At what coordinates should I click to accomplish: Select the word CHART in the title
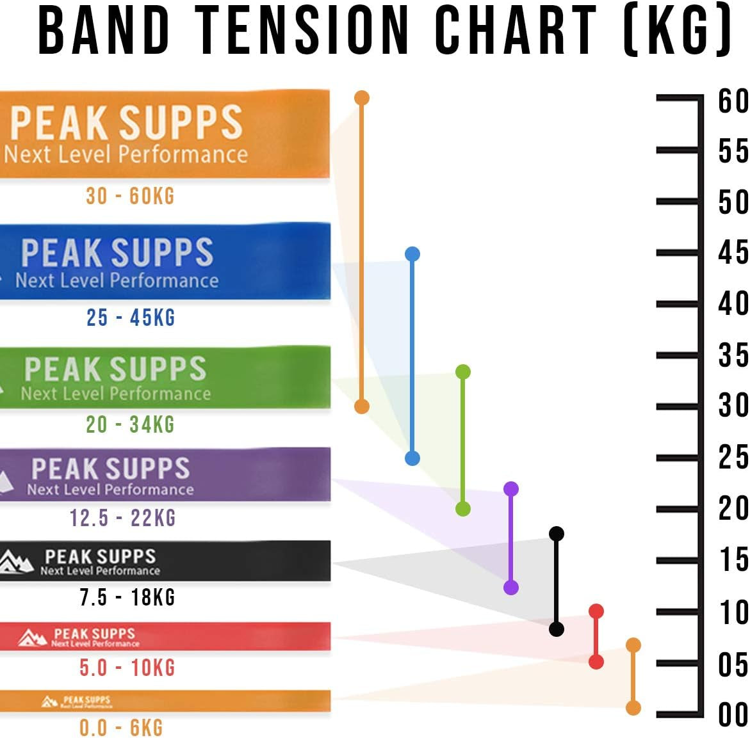click(x=516, y=30)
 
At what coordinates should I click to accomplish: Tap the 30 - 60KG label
click(x=130, y=196)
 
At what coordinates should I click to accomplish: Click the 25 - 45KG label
click(x=131, y=317)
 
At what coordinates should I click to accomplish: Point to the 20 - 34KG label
click(x=130, y=424)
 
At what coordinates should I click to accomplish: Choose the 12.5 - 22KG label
click(x=122, y=517)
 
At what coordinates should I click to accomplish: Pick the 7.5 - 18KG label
click(x=127, y=597)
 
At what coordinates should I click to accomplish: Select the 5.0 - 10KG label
click(x=127, y=668)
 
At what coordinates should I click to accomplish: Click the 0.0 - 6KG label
click(x=121, y=727)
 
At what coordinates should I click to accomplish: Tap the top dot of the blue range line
click(x=412, y=254)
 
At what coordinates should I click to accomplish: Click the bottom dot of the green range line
click(x=463, y=509)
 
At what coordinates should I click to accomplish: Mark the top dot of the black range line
click(x=557, y=533)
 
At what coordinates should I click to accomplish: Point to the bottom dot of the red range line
click(x=596, y=662)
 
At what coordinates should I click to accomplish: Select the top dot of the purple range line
click(x=511, y=489)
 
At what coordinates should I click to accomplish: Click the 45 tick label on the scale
click(x=733, y=252)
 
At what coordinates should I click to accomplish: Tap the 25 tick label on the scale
click(x=733, y=457)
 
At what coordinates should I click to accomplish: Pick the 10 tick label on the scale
click(x=733, y=613)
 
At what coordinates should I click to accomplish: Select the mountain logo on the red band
click(x=33, y=638)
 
